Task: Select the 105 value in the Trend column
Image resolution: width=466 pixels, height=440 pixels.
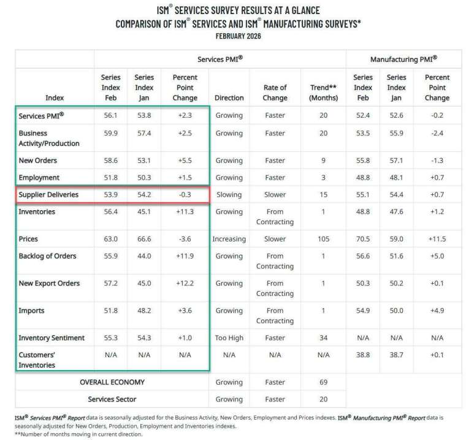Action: (323, 239)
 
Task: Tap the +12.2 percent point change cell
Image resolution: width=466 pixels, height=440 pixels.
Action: (185, 283)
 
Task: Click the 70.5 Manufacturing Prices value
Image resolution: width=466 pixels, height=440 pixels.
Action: (362, 239)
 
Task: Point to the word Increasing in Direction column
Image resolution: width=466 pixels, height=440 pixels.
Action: (229, 239)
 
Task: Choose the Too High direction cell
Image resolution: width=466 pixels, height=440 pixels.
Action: (229, 338)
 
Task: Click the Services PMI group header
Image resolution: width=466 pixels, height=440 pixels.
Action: (220, 59)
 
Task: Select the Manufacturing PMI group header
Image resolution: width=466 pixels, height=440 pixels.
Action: (403, 59)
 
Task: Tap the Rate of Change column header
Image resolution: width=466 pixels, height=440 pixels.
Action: (275, 93)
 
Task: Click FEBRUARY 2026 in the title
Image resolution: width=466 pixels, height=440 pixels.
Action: (238, 36)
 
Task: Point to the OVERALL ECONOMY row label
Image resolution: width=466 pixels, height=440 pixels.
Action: (112, 382)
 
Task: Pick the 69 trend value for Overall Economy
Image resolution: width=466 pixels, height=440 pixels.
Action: (323, 382)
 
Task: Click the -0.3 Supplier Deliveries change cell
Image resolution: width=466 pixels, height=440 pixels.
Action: (185, 194)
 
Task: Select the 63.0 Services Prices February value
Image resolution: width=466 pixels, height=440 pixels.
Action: (110, 239)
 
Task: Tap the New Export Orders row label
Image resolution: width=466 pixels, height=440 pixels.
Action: (49, 283)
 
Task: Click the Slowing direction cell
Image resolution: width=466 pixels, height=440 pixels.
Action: (229, 194)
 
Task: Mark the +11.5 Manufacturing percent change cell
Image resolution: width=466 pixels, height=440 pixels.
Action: (437, 239)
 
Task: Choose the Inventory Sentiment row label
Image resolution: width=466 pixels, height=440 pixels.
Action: (52, 338)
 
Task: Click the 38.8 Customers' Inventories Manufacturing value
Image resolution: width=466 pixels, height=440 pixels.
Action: (362, 355)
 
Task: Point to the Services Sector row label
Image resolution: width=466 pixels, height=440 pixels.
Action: (112, 399)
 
